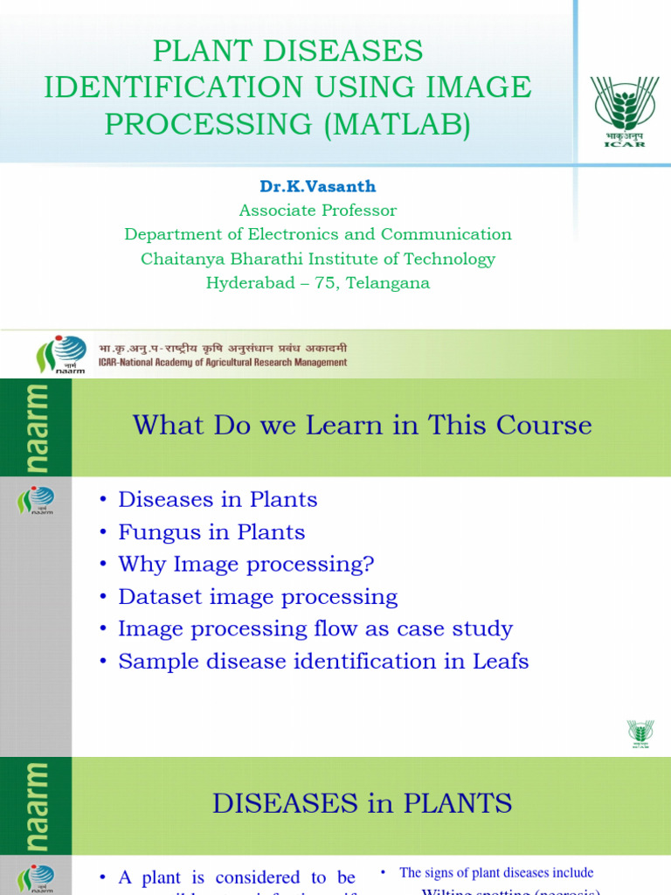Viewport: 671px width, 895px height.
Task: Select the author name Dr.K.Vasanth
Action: tap(317, 187)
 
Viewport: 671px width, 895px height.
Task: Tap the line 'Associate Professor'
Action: tap(317, 211)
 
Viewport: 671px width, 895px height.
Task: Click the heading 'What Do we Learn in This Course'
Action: tap(362, 426)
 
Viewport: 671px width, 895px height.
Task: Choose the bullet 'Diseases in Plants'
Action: tap(218, 500)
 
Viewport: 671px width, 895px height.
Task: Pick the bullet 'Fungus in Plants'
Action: tap(211, 532)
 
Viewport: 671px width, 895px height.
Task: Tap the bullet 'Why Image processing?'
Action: tap(246, 565)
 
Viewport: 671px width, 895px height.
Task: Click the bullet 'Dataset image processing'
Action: tap(258, 597)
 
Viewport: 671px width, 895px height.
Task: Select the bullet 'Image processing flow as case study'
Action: tap(315, 629)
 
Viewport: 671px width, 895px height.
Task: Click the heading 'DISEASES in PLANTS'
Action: tap(362, 803)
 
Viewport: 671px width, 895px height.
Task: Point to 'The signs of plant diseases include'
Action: tap(495, 872)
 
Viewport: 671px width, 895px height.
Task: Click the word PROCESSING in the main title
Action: tap(207, 125)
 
